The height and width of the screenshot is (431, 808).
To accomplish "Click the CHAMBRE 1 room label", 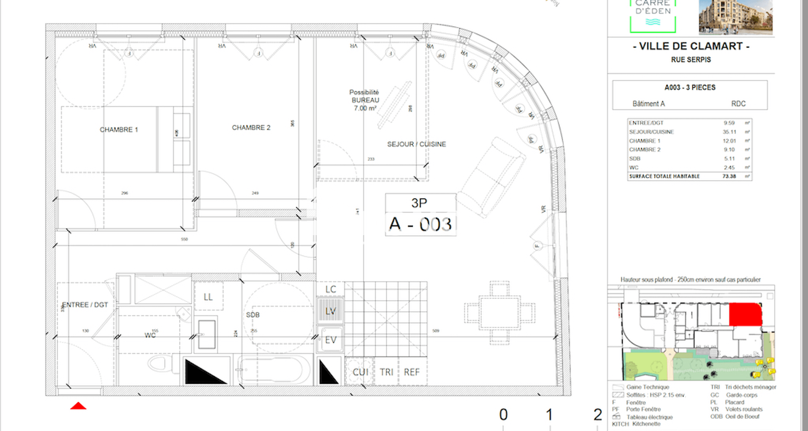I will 119,130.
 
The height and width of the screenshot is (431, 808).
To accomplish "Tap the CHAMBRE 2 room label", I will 251,128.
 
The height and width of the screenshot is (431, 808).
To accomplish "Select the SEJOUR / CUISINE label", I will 416,144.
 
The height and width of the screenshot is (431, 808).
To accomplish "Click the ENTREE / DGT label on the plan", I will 85,305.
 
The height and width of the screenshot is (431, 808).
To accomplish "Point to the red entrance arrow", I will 78,406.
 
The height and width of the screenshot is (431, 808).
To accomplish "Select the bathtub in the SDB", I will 274,370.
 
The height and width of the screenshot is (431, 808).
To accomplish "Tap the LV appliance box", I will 330,311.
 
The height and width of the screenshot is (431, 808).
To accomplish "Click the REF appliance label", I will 412,372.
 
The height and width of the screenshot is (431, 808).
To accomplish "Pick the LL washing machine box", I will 208,297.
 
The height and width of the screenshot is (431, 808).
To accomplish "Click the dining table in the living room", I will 500,313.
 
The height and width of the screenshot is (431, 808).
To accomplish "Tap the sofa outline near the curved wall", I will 491,177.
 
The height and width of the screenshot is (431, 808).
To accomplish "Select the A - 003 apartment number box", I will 420,224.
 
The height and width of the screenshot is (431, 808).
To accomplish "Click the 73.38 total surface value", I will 729,176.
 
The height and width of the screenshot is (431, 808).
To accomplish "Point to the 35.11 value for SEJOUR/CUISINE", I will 729,132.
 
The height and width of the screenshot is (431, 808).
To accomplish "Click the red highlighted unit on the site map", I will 745,314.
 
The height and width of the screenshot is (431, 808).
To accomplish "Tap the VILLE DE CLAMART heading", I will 691,46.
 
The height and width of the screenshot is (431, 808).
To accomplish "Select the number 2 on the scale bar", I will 598,415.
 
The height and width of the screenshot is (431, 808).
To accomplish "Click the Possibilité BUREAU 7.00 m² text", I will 365,100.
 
